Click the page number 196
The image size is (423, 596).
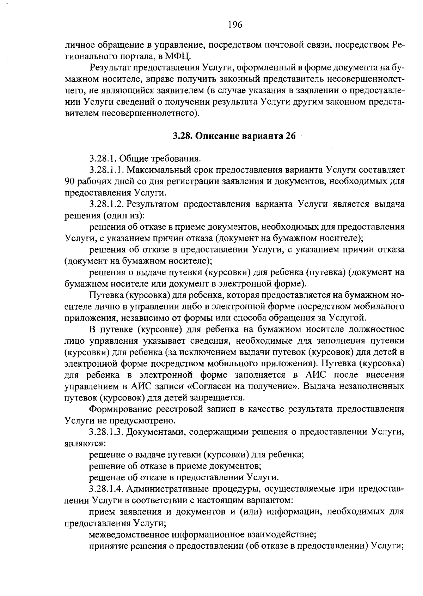(235, 24)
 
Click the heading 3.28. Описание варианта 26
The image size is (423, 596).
(233, 136)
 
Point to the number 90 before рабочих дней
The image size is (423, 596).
(70, 181)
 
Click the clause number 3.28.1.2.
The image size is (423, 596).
(106, 204)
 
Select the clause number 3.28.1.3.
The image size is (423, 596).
(106, 432)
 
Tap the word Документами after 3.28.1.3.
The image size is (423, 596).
(155, 432)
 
